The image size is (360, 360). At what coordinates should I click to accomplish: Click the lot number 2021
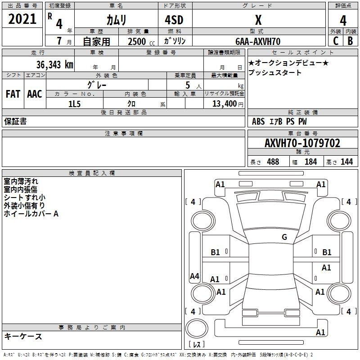coord(22,20)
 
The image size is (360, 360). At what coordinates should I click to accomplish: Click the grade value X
coord(258,20)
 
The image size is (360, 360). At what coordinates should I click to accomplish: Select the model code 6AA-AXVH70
coord(258,41)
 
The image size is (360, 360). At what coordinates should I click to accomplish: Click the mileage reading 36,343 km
coord(55,64)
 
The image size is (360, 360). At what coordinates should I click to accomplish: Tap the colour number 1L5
coord(74,103)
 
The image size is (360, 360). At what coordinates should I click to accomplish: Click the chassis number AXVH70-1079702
coord(302,143)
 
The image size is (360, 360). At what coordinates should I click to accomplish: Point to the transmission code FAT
coord(13,94)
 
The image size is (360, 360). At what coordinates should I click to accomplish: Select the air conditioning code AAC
coord(35,94)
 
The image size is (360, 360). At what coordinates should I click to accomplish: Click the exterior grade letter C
coord(335,41)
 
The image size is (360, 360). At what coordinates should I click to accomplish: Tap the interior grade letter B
coord(351,41)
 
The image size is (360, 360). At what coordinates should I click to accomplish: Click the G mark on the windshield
coord(284,237)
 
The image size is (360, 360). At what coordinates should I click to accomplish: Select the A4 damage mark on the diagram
coord(194,276)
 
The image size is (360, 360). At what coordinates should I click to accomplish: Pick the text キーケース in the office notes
coord(23,336)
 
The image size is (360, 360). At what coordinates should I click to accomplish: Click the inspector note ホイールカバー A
coord(31,214)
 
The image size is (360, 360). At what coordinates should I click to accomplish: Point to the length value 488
coord(273,162)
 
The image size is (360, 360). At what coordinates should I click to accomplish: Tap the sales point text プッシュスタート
coord(275,72)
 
